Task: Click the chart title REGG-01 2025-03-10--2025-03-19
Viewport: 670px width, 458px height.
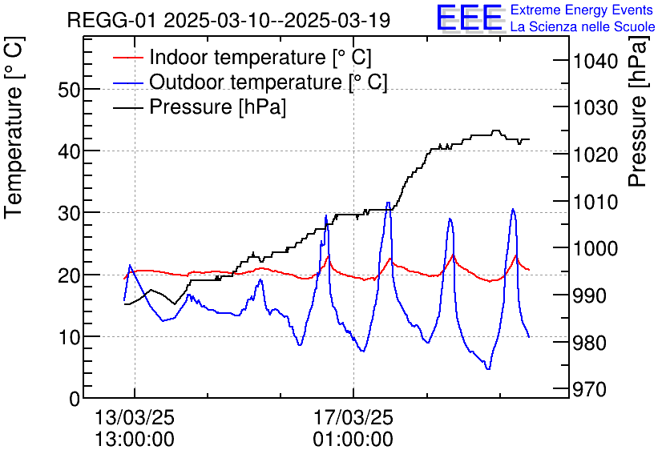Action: coord(228,21)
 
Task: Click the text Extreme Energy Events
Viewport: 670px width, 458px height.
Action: coord(583,10)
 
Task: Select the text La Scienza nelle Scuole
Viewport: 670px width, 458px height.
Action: coord(583,27)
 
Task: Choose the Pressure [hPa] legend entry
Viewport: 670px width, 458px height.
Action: coord(217,106)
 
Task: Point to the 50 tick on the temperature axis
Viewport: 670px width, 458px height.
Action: coord(70,89)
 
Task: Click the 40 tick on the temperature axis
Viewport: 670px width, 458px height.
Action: coord(70,151)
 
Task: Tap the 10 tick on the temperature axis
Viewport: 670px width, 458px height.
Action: coord(70,337)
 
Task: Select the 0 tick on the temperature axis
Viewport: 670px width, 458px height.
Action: coord(75,398)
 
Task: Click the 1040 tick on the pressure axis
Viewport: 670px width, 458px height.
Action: coord(595,62)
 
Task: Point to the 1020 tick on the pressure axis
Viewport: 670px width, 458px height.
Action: coord(595,155)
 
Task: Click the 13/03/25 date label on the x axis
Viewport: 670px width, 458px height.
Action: coord(135,418)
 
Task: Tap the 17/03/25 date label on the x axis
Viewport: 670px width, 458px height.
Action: coord(353,418)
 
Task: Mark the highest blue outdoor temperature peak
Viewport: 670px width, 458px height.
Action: coord(389,203)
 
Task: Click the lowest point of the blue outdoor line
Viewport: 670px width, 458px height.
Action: coord(487,368)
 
